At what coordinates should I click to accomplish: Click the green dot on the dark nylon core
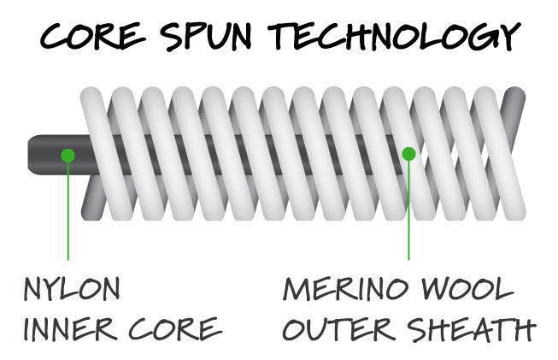(x=68, y=155)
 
